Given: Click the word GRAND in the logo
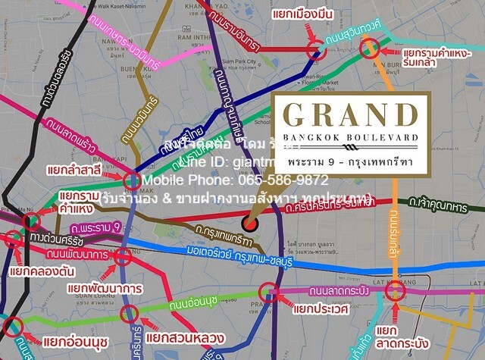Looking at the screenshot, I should coord(349,116).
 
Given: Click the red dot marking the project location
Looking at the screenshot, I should coord(251,223).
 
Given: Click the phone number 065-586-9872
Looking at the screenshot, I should coord(280,180).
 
